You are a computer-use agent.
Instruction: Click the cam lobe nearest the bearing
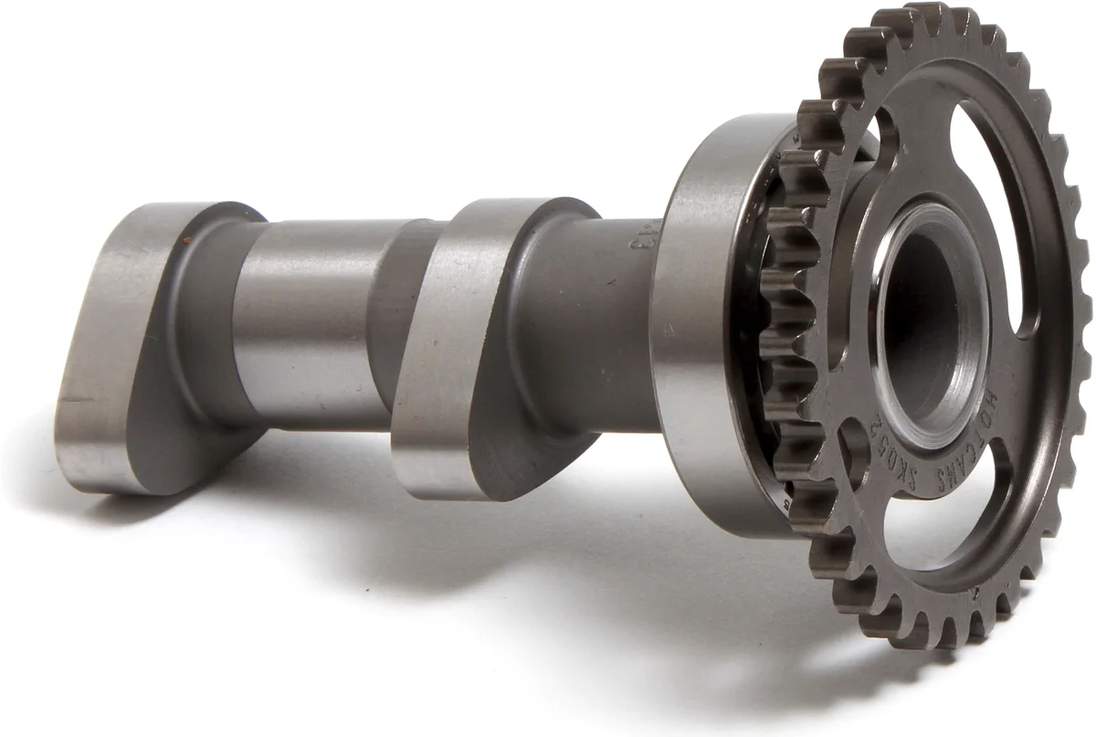[475, 347]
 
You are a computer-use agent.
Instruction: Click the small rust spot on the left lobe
[186, 239]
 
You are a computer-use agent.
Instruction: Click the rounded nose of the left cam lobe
[100, 447]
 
